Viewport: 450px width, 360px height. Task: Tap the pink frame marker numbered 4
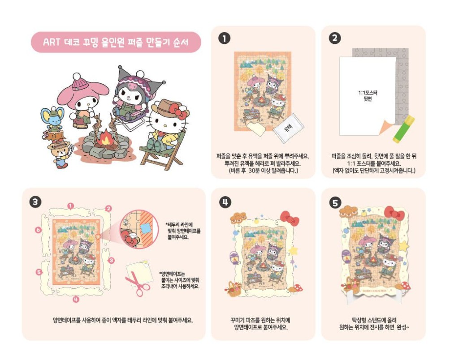pos(76,299)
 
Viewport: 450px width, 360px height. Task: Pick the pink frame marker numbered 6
pos(39,230)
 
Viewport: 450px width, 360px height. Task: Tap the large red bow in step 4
pos(290,218)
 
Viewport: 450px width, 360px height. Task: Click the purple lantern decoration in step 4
pos(233,258)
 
